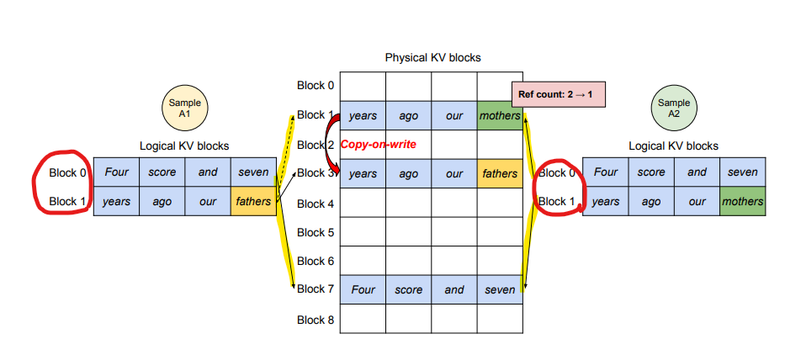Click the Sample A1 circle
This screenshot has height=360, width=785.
point(184,108)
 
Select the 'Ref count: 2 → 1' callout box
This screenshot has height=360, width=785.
point(557,95)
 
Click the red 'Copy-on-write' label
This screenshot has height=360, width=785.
point(378,145)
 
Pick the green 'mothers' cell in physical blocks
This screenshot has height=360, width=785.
point(500,116)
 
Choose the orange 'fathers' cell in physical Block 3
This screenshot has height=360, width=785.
point(500,174)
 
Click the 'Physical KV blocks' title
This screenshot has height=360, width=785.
point(432,58)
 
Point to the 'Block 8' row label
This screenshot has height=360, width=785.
point(316,320)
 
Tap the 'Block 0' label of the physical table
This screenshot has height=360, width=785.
point(316,85)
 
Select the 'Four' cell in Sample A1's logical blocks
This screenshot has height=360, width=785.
point(116,172)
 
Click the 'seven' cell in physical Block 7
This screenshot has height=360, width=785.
point(500,290)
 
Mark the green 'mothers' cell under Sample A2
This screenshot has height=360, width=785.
point(742,202)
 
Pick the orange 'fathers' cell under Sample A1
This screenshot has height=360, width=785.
point(253,202)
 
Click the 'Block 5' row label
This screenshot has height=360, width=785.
point(316,232)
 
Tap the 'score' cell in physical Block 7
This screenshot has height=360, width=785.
point(409,290)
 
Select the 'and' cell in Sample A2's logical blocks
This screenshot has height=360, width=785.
point(697,172)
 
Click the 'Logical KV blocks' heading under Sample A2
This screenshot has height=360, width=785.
point(673,146)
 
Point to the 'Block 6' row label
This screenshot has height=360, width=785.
point(316,262)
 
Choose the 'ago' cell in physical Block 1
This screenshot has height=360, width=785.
point(409,116)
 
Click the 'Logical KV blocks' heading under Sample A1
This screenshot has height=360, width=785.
point(184,146)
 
